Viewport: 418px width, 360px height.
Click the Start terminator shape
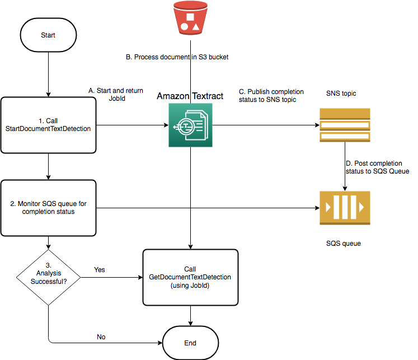(48, 35)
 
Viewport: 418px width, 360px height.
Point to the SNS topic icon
(344, 125)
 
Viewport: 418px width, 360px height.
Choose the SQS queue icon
(344, 208)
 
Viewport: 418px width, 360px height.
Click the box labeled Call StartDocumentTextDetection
(48, 125)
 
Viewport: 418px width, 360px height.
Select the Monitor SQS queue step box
(48, 208)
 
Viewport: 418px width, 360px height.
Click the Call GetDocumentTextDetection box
(190, 278)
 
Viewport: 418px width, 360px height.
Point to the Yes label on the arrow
(100, 270)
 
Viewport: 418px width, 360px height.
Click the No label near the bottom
(101, 337)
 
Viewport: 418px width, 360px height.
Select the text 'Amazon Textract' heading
(190, 96)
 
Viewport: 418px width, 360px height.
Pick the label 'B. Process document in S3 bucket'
(177, 57)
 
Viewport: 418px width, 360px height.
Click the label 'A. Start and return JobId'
(116, 93)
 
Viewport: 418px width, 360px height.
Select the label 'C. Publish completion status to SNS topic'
(271, 95)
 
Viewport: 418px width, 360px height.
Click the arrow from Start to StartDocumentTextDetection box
(48, 73)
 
